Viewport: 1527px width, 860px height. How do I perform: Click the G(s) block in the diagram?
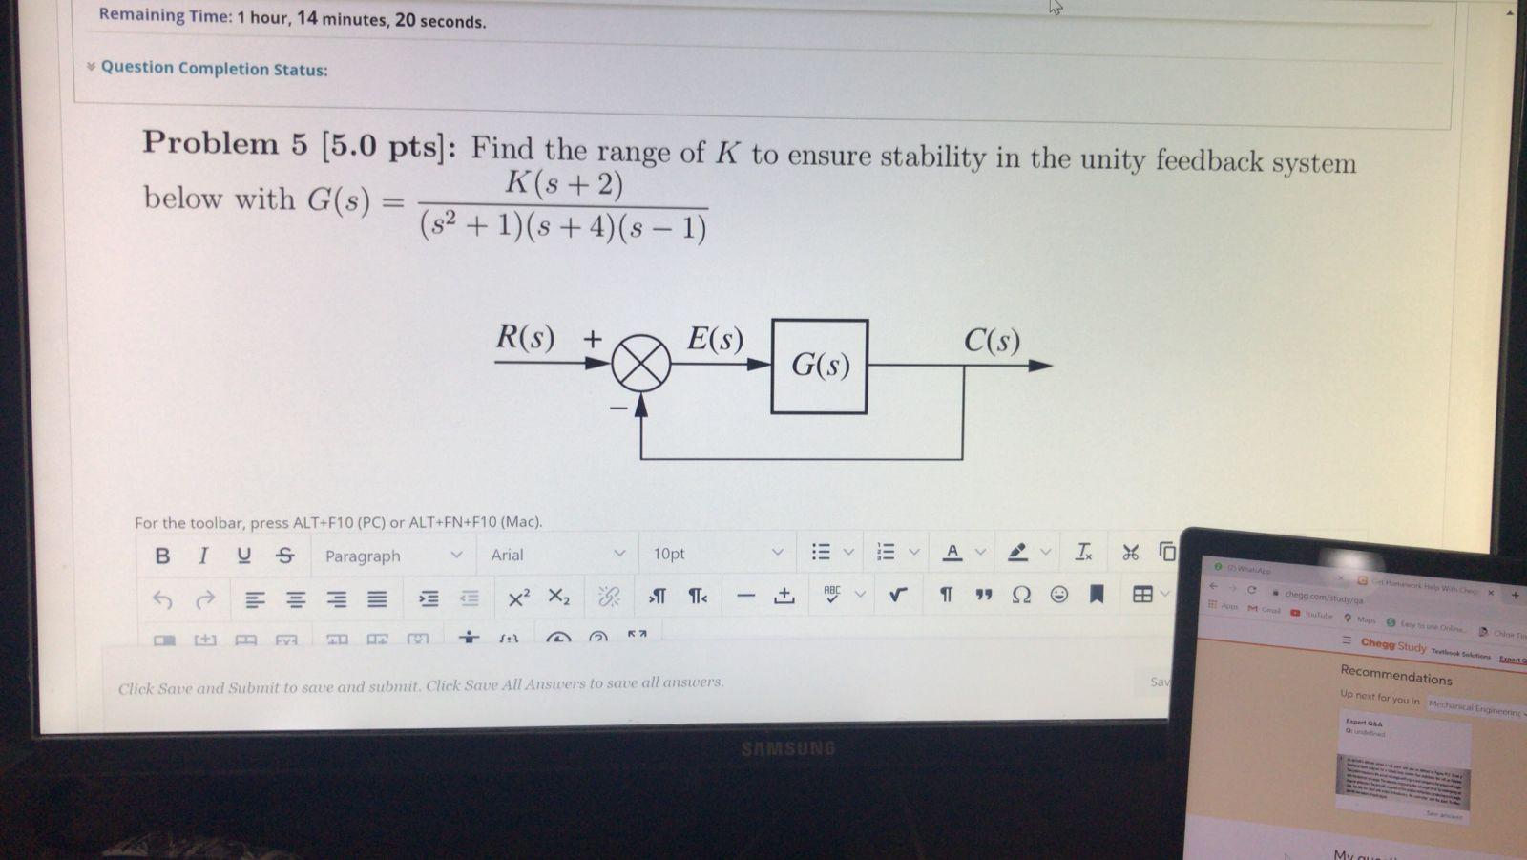[x=819, y=366]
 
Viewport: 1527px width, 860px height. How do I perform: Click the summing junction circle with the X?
[x=640, y=364]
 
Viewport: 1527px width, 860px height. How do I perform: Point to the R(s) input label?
[x=525, y=338]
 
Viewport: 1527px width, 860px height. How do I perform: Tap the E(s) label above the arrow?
[x=715, y=340]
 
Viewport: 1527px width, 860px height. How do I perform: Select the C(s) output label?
[x=991, y=341]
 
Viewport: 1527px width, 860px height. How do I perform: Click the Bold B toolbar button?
[x=162, y=556]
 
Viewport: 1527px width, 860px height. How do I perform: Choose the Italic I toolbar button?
[x=202, y=556]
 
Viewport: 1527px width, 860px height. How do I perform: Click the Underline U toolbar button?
[x=243, y=556]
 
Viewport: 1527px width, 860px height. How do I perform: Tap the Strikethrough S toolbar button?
[x=284, y=556]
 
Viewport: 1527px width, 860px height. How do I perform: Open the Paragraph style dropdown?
[x=392, y=556]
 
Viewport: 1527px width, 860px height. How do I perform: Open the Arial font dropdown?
[x=557, y=555]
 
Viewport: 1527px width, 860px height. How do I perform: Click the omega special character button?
[x=1020, y=595]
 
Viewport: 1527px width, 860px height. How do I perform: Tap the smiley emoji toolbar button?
[x=1059, y=595]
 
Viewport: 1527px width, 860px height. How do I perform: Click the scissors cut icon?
[x=1130, y=552]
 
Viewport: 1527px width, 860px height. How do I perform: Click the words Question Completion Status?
[x=214, y=69]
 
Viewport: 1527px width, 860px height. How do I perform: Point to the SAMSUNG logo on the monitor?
[x=787, y=748]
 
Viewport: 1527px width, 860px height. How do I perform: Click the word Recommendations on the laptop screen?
[x=1395, y=676]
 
